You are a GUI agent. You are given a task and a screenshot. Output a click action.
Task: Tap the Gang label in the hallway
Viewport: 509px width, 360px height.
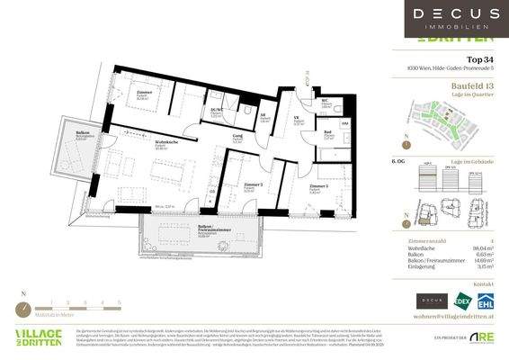tap(238, 137)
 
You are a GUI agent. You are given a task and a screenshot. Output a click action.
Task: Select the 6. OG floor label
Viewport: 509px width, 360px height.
tap(398, 159)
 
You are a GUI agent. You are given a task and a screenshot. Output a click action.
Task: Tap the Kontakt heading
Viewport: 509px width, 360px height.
tap(487, 284)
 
